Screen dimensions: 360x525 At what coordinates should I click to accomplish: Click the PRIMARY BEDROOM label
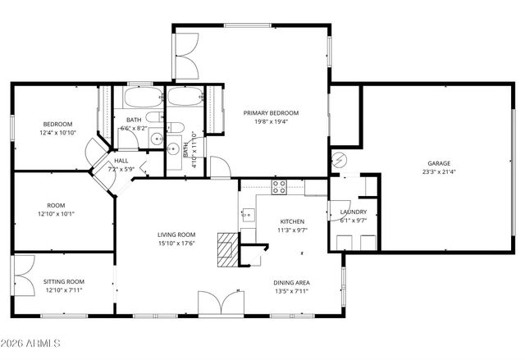[x=270, y=113]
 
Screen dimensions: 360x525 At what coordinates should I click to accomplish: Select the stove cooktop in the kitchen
[x=279, y=186]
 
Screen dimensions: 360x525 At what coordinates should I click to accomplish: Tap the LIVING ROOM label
[x=176, y=235]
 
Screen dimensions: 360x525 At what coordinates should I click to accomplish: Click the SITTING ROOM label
[x=64, y=281]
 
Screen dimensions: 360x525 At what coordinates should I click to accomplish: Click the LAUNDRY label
[x=353, y=212]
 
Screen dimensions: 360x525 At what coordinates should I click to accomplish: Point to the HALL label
[x=121, y=161]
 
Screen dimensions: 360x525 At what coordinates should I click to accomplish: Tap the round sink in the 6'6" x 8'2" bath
[x=173, y=149]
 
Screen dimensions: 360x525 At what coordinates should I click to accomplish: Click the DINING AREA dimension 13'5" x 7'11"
[x=292, y=290]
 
